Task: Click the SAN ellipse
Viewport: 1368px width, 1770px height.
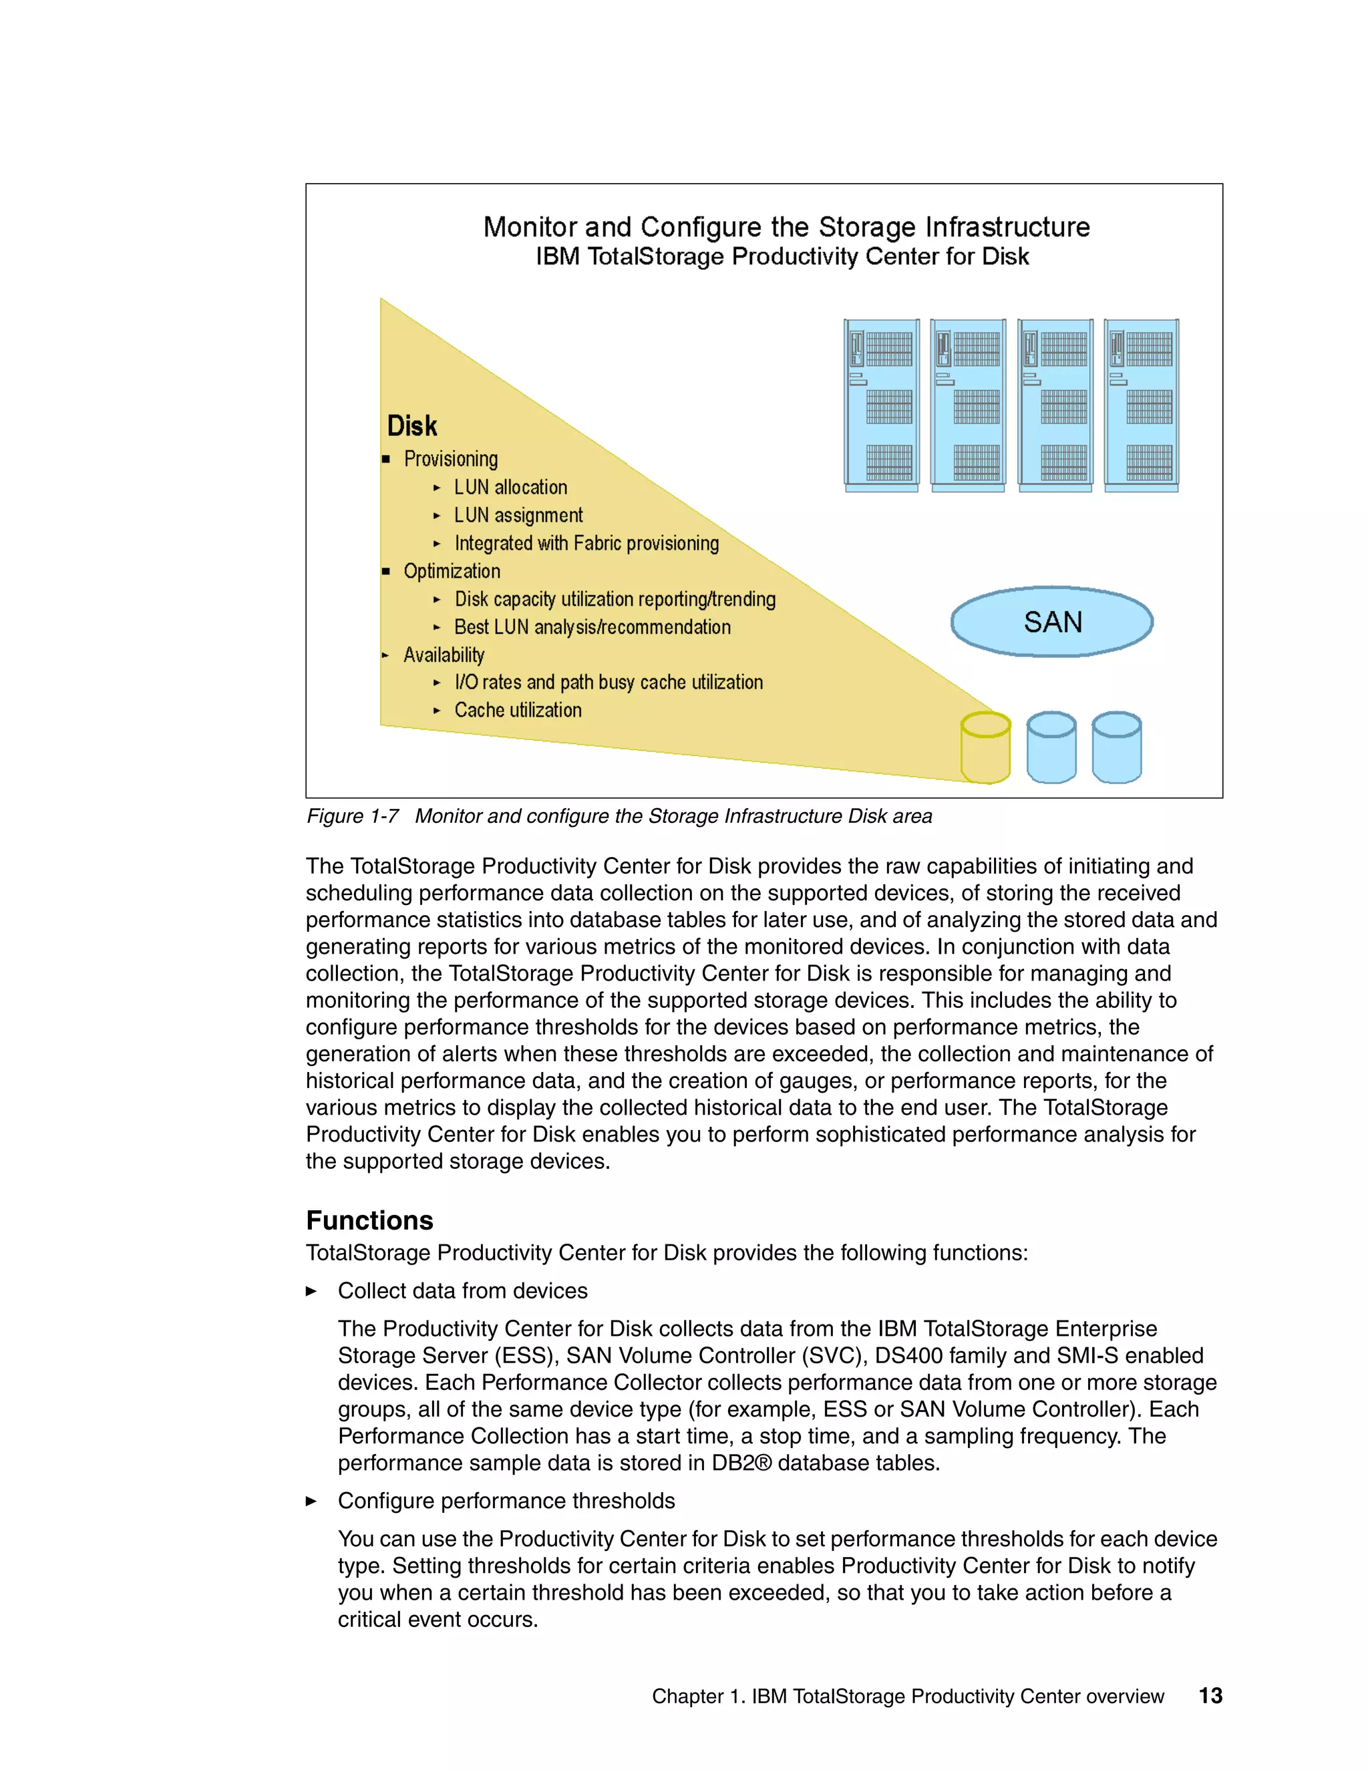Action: pyautogui.click(x=1051, y=622)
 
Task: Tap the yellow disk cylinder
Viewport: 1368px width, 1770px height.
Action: pyautogui.click(x=985, y=748)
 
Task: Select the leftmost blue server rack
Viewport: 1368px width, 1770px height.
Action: pyautogui.click(x=881, y=405)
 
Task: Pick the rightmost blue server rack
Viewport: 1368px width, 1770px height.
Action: pyautogui.click(x=1141, y=405)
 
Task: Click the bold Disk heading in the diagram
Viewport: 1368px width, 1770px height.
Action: pyautogui.click(x=411, y=426)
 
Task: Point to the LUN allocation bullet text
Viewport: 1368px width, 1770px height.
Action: pyautogui.click(x=510, y=487)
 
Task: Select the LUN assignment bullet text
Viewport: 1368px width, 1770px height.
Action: pyautogui.click(x=518, y=516)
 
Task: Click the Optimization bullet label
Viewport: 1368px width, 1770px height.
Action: pyautogui.click(x=452, y=571)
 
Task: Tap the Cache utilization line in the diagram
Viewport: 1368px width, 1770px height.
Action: pyautogui.click(x=517, y=710)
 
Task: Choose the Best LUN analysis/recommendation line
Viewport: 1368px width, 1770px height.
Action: pyautogui.click(x=592, y=627)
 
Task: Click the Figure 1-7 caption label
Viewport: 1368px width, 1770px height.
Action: pyautogui.click(x=353, y=816)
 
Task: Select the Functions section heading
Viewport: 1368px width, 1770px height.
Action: pyautogui.click(x=369, y=1220)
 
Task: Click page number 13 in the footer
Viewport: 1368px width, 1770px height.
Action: pyautogui.click(x=1210, y=1695)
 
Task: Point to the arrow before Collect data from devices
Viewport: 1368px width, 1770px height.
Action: pyautogui.click(x=311, y=1291)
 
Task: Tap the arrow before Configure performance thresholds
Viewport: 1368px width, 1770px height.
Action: pyautogui.click(x=311, y=1501)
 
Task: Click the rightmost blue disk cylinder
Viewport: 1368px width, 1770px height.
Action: pyautogui.click(x=1116, y=748)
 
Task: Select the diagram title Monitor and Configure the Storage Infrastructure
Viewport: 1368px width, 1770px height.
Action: pyautogui.click(x=786, y=227)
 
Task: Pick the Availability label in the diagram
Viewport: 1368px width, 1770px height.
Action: pyautogui.click(x=444, y=655)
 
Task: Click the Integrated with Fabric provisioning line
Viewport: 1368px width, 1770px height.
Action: pyautogui.click(x=586, y=543)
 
